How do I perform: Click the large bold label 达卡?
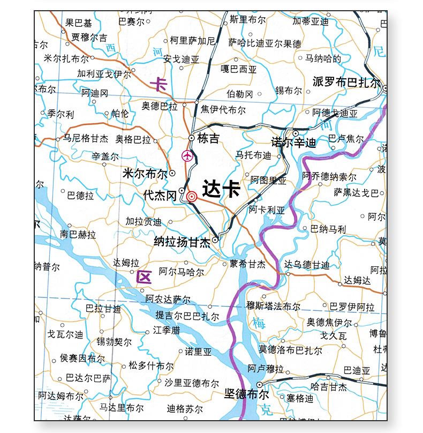[x=221, y=189]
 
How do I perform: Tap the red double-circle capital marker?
[x=192, y=197]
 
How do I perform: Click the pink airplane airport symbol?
[x=187, y=156]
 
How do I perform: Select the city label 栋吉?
[x=208, y=139]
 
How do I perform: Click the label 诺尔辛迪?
[x=293, y=143]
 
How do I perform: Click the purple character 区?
[x=144, y=277]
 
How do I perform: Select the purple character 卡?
[x=159, y=84]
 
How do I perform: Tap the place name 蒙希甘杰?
[x=248, y=264]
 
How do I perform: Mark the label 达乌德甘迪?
[x=307, y=265]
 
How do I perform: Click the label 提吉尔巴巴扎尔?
[x=187, y=316]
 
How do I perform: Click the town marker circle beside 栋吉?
[x=192, y=138]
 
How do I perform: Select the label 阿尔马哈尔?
[x=182, y=272]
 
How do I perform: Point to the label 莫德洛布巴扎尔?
[x=291, y=350]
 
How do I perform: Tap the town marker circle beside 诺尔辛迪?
[x=295, y=133]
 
